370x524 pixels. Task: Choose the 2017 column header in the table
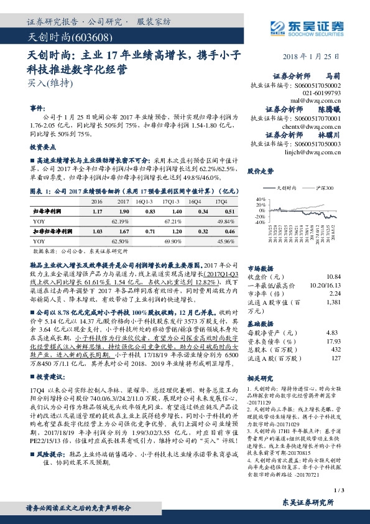124,202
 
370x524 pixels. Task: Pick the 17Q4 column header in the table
221,202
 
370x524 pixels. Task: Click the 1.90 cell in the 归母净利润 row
124,212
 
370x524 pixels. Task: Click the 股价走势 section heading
261,170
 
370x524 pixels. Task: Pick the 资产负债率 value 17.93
334,341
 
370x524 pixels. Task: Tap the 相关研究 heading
261,378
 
